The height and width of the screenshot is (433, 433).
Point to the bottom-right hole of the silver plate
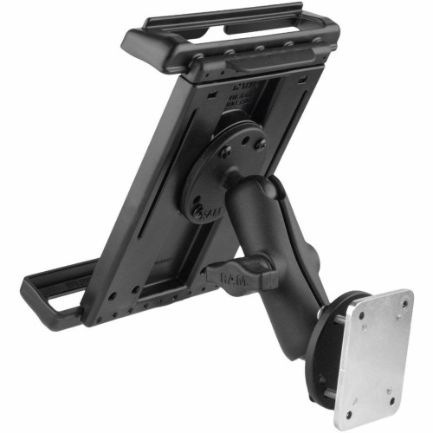pyautogui.click(x=392, y=400)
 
